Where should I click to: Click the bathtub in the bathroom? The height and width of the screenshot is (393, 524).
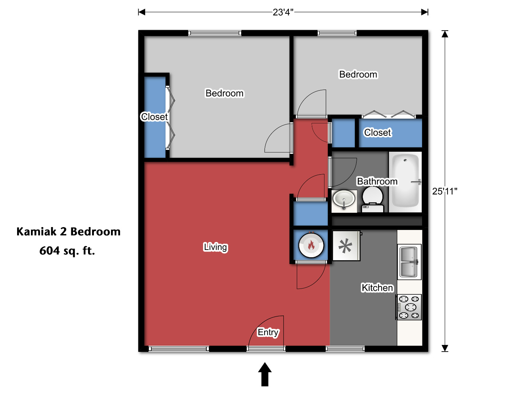pyautogui.click(x=405, y=181)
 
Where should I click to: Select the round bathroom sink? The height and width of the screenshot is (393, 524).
pyautogui.click(x=344, y=199)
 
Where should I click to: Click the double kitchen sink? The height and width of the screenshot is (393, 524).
pyautogui.click(x=409, y=262)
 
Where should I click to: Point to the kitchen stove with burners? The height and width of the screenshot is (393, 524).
pyautogui.click(x=409, y=307)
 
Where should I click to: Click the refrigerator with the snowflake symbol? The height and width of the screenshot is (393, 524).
pyautogui.click(x=346, y=246)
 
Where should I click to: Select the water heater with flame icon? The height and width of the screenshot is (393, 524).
pyautogui.click(x=311, y=245)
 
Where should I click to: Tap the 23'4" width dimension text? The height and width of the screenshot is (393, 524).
pyautogui.click(x=283, y=12)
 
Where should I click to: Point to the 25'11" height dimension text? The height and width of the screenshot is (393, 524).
pyautogui.click(x=445, y=191)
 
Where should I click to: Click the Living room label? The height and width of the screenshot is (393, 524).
pyautogui.click(x=215, y=247)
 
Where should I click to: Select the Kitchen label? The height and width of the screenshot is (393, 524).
pyautogui.click(x=377, y=287)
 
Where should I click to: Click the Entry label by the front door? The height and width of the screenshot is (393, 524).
pyautogui.click(x=268, y=332)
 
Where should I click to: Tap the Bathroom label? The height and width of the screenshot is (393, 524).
pyautogui.click(x=377, y=181)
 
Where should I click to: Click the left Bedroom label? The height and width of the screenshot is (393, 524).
pyautogui.click(x=225, y=93)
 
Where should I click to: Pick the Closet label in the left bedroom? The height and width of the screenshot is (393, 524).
pyautogui.click(x=154, y=117)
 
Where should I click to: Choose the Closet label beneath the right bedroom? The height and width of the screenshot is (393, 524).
pyautogui.click(x=377, y=132)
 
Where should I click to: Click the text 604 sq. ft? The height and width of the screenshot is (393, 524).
pyautogui.click(x=67, y=251)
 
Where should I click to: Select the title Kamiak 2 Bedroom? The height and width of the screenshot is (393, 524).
pyautogui.click(x=68, y=231)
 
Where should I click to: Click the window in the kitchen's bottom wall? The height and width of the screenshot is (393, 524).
pyautogui.click(x=345, y=349)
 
